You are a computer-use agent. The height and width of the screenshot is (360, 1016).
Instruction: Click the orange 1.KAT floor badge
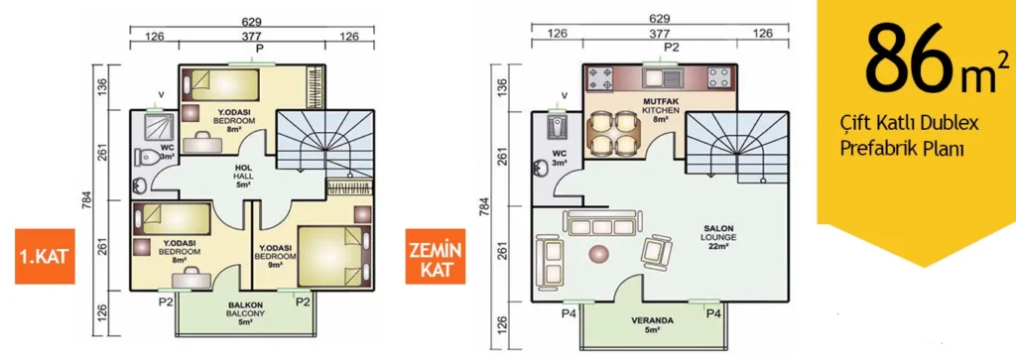[x=42, y=257]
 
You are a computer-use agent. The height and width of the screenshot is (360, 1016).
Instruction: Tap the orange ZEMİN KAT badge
[x=436, y=256]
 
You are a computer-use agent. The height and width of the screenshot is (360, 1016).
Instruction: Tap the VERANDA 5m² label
[x=652, y=324]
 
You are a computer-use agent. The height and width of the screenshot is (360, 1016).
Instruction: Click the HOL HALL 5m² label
[x=244, y=175]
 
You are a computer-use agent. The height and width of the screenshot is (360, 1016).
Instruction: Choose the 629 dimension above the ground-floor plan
[x=660, y=18]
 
